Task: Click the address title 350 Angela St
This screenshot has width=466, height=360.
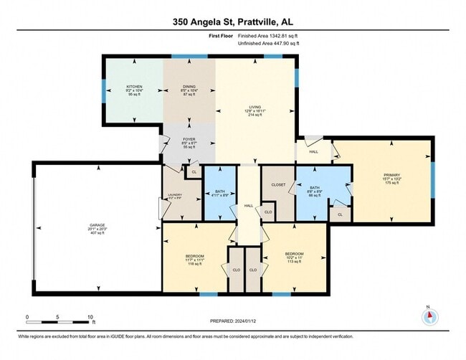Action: tap(232, 22)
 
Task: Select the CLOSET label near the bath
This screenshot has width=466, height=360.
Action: tap(278, 184)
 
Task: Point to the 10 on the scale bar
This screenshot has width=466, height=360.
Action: tap(90, 316)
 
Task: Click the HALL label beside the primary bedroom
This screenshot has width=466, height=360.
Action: tap(313, 152)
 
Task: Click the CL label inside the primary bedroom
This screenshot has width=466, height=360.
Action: tap(340, 214)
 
